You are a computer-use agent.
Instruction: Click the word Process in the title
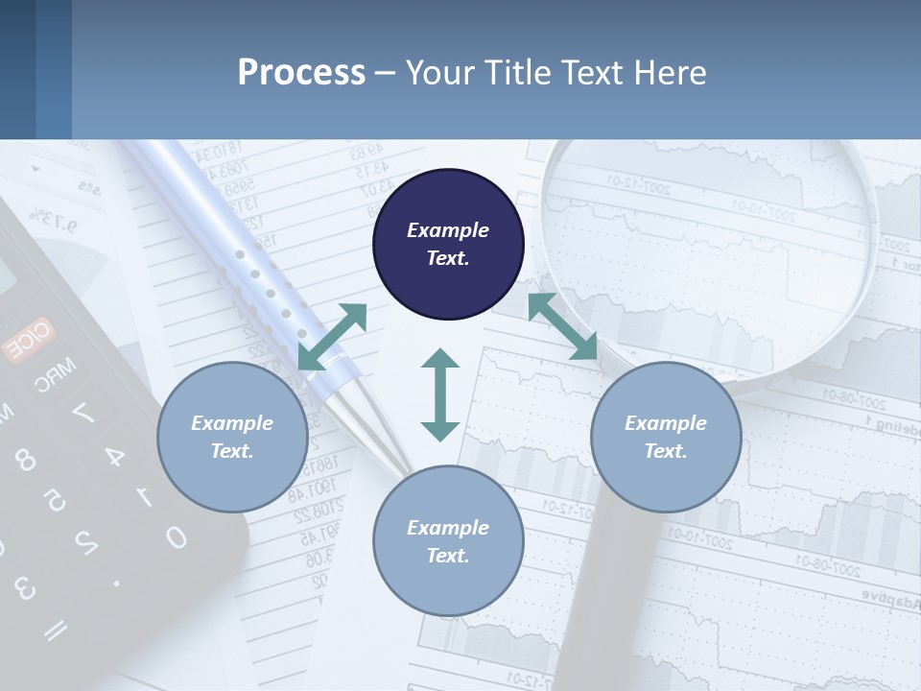(x=301, y=73)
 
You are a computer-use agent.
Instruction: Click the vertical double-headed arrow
(x=440, y=394)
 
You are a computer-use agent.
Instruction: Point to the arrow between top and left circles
(x=332, y=337)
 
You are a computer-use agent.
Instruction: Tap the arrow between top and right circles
(x=562, y=326)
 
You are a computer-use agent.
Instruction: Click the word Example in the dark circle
(x=448, y=230)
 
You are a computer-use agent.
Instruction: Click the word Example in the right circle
(x=666, y=423)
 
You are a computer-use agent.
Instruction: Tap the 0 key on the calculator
(x=176, y=536)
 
